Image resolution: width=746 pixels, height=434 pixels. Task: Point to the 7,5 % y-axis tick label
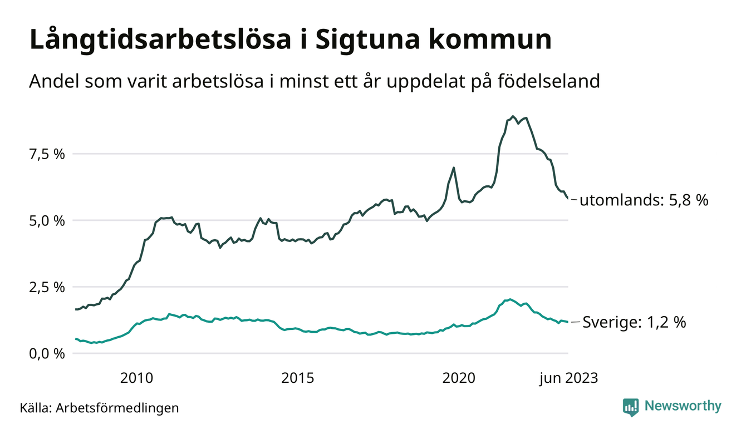(46, 154)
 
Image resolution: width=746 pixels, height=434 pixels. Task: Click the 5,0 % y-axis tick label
(46, 220)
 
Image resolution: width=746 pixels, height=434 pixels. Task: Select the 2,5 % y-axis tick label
(46, 287)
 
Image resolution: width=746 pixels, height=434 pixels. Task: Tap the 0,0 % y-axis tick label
(46, 354)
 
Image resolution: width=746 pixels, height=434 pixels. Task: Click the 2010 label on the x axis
(136, 378)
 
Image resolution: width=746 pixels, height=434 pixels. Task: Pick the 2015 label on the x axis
(297, 378)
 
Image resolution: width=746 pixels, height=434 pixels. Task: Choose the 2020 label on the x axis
(459, 378)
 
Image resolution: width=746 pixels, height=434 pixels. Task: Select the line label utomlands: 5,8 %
(644, 200)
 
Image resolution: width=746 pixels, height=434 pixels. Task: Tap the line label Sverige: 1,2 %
(634, 322)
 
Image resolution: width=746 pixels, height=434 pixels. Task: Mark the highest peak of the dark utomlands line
(513, 116)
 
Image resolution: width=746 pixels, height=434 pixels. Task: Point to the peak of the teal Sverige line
(510, 299)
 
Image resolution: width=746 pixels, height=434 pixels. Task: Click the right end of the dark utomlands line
(568, 198)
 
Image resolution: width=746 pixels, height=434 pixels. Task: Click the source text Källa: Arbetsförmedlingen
(100, 408)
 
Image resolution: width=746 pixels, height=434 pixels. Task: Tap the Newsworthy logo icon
(631, 407)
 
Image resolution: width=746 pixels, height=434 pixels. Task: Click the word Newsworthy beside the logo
(683, 406)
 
